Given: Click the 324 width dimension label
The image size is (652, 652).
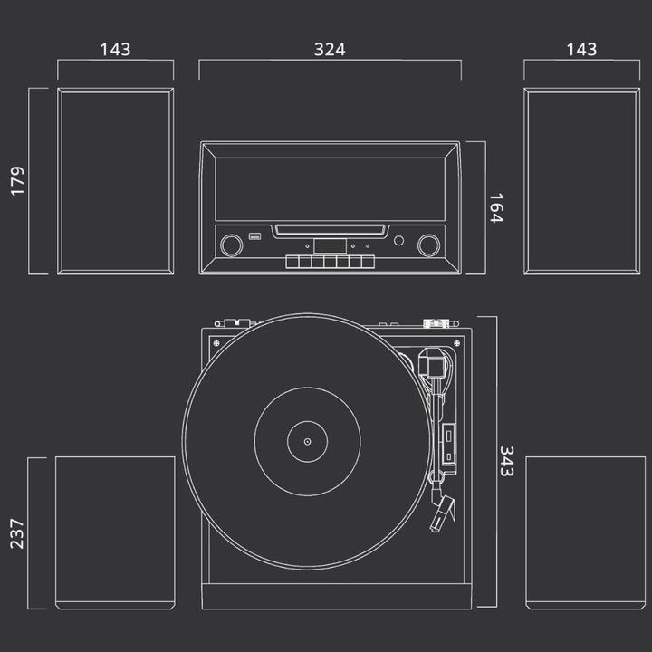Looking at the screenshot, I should pyautogui.click(x=330, y=49).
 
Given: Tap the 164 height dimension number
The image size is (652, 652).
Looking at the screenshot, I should pyautogui.click(x=494, y=208).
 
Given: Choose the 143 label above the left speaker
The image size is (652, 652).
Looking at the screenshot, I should pyautogui.click(x=115, y=49).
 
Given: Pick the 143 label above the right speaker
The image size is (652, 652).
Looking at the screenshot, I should pyautogui.click(x=581, y=49).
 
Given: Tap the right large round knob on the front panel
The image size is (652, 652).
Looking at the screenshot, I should pyautogui.click(x=428, y=244).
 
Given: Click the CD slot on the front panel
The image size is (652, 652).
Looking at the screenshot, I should pyautogui.click(x=330, y=229).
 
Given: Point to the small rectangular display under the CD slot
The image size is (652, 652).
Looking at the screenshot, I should pyautogui.click(x=330, y=245).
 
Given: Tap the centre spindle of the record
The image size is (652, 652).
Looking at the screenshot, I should pyautogui.click(x=307, y=442).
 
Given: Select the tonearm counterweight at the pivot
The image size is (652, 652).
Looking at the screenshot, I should pyautogui.click(x=433, y=363).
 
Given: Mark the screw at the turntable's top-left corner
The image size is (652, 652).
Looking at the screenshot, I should pyautogui.click(x=216, y=341).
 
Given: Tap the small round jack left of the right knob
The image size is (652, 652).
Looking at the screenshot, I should pyautogui.click(x=398, y=241).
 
